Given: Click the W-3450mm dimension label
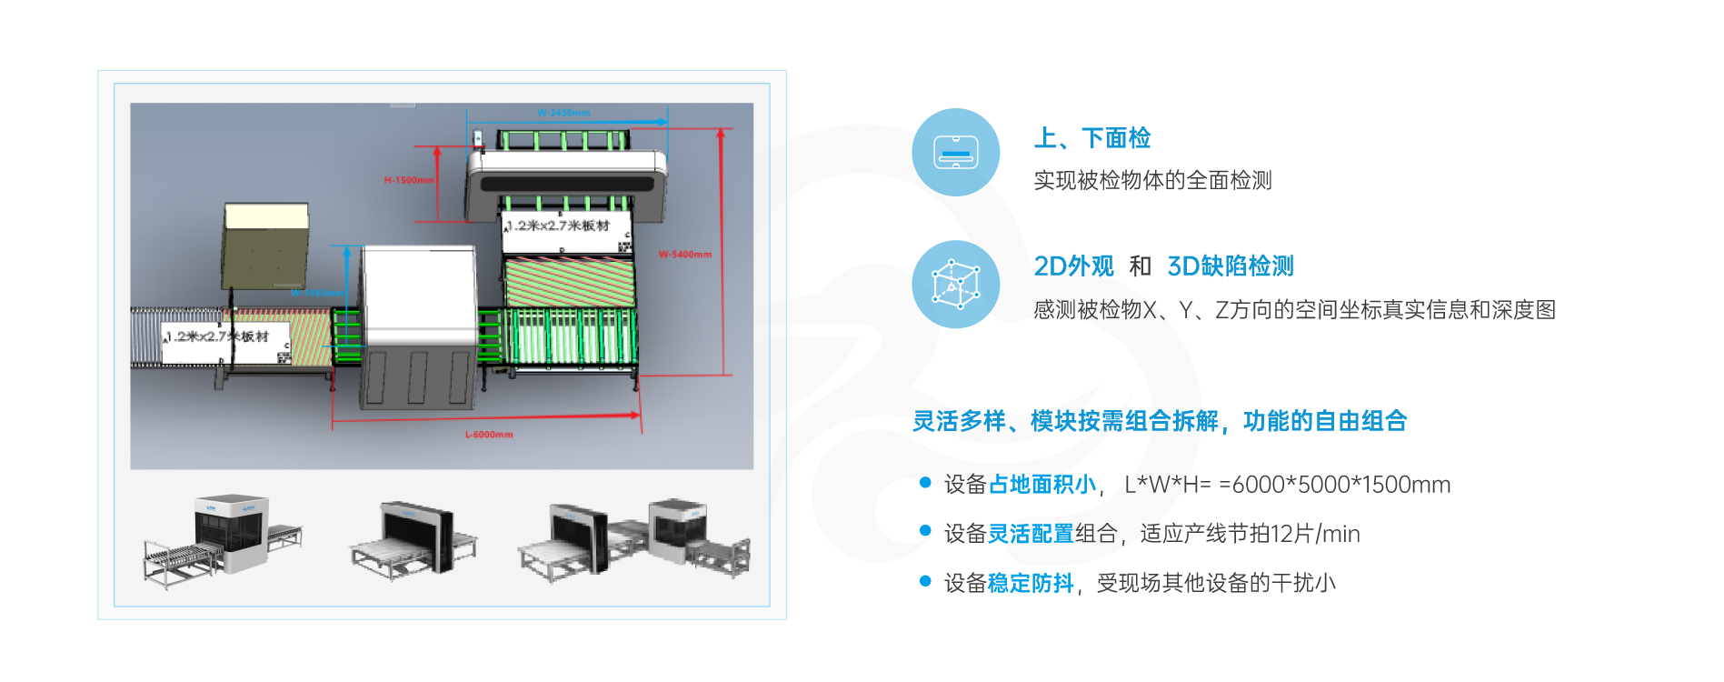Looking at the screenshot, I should [x=563, y=113].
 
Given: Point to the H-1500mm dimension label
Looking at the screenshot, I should [x=408, y=180].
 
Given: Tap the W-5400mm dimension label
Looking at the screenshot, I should [x=685, y=255].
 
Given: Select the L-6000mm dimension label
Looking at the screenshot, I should [x=489, y=435].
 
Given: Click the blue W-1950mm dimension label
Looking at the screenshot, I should [x=317, y=293].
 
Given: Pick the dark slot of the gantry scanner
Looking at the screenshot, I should [x=564, y=184].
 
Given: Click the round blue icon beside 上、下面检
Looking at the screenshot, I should [x=956, y=152].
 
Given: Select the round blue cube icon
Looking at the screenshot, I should [x=956, y=283].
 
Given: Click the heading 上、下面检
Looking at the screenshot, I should [x=1092, y=138].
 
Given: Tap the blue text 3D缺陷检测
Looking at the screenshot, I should [x=1230, y=266].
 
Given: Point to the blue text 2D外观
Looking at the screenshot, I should [x=1073, y=266].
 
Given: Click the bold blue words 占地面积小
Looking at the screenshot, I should [x=1041, y=485].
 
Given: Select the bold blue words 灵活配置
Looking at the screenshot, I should [x=1031, y=534].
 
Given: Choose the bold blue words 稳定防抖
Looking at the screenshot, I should [x=1031, y=583].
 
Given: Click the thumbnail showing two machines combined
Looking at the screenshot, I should [x=634, y=538].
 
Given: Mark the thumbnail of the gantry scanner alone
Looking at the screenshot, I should [x=414, y=538].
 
